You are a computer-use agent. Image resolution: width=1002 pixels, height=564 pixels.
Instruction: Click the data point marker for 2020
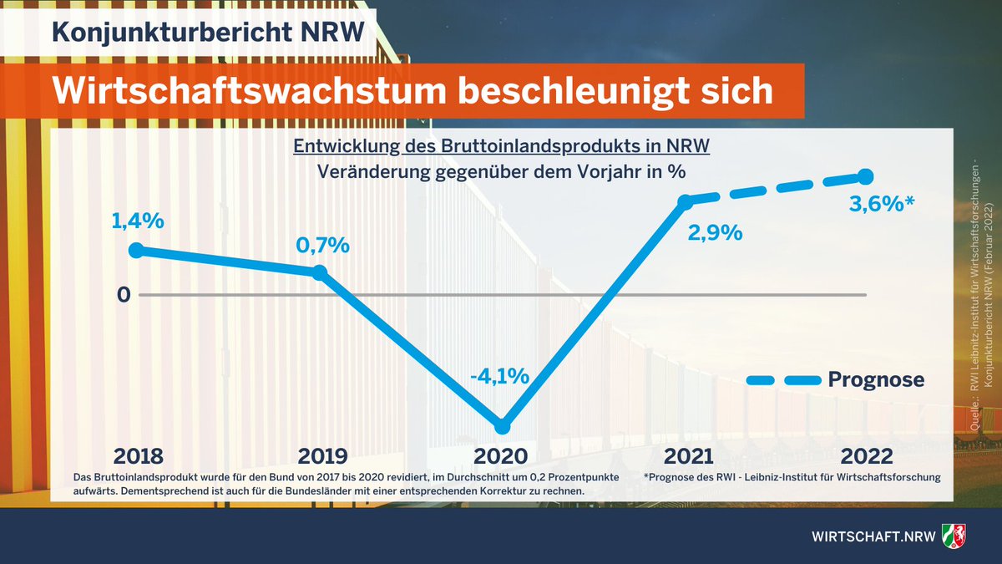tap(501, 425)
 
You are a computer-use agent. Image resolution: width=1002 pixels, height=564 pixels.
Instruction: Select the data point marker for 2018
tap(139, 250)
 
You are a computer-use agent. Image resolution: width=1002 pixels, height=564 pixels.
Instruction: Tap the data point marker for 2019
tap(320, 272)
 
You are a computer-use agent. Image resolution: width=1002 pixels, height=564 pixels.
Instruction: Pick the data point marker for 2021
tap(685, 201)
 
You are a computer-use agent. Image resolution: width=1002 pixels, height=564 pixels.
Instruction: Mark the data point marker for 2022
tap(865, 176)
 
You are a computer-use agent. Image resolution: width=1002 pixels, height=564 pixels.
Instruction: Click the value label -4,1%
tap(499, 376)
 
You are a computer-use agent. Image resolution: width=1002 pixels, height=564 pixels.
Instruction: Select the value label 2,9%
tap(713, 233)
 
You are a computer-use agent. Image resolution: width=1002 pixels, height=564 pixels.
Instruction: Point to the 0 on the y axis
tap(124, 295)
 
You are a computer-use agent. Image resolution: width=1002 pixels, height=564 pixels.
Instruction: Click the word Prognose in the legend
tap(876, 380)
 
